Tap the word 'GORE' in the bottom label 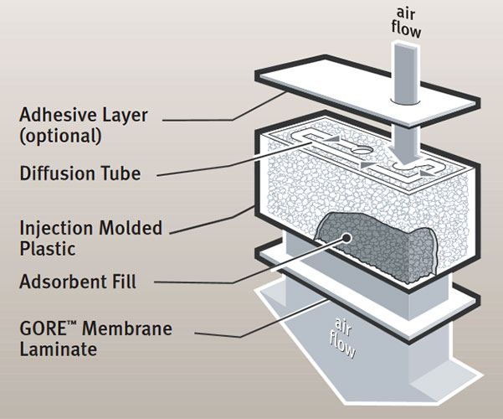pos(44,326)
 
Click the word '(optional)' pos(59,134)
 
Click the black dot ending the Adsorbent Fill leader pos(346,236)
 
